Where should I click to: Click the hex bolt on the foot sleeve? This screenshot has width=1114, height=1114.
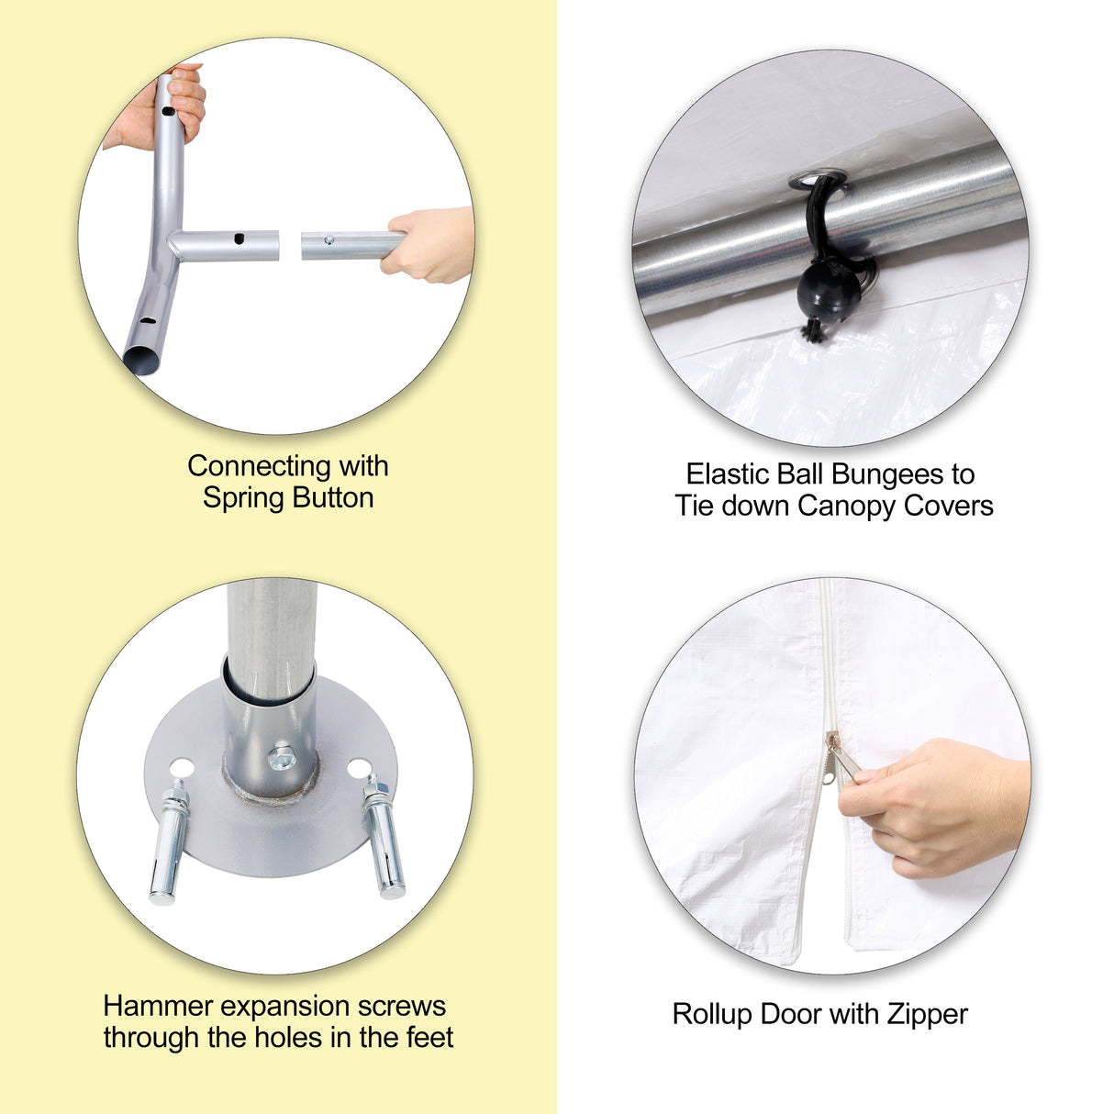point(282,757)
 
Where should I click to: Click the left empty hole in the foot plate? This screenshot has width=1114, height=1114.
point(182,768)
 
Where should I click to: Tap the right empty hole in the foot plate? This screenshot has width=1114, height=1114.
point(359,769)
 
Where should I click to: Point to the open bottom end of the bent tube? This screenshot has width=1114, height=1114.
point(140,360)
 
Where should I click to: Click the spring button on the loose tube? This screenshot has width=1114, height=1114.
point(329,240)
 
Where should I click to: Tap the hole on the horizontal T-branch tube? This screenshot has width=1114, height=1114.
point(239,239)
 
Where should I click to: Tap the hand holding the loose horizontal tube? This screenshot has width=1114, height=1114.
point(428,244)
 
